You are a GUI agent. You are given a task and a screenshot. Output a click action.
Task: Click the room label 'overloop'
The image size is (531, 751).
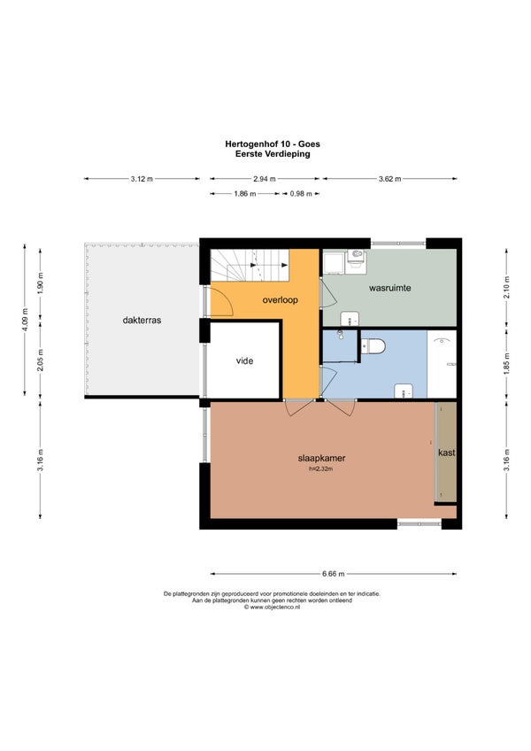coord(281,300)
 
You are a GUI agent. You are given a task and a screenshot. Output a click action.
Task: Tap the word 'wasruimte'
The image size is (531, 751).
coord(389,288)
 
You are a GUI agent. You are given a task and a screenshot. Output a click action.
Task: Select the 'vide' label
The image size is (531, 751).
coord(244,360)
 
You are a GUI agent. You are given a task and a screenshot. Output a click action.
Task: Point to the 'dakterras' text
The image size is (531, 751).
coord(142,320)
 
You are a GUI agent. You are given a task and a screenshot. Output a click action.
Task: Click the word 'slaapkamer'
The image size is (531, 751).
coord(321,458)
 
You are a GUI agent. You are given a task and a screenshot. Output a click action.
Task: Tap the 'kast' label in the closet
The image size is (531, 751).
coord(447,453)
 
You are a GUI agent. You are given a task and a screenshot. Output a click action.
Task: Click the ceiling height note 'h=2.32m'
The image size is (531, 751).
coord(320,468)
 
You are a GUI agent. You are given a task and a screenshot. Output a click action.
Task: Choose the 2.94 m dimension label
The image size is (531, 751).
coord(265,179)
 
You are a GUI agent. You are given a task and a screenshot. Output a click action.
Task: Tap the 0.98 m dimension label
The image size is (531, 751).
coord(301,193)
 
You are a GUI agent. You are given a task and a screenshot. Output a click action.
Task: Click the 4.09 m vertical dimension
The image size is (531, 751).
coord(25,320)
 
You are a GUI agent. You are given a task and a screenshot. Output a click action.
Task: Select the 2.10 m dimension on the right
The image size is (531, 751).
coord(506,287)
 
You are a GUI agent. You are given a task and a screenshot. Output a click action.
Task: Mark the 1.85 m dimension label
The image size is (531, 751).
coord(506,363)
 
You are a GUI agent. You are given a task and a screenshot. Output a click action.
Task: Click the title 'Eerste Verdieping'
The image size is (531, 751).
coord(273,154)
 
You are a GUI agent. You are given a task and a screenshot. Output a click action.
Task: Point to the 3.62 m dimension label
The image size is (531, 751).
coord(389,179)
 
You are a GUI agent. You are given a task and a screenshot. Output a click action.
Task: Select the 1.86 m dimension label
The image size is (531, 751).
coord(244,193)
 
